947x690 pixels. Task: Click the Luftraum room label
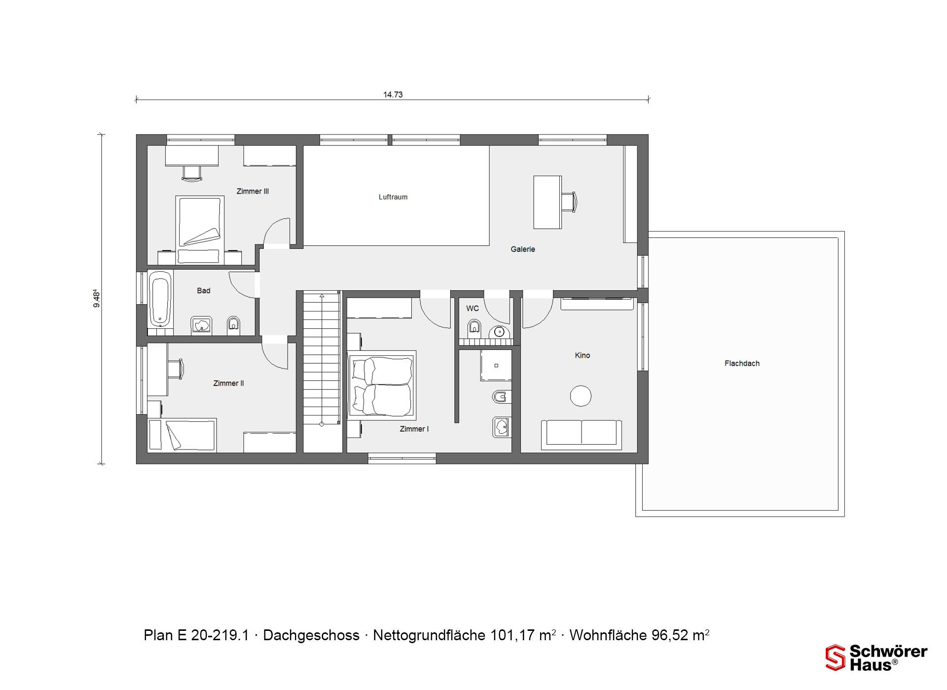(x=393, y=197)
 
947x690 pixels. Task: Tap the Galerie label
(x=523, y=249)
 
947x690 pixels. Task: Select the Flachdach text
(x=742, y=363)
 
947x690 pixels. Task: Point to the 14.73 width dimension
(x=393, y=95)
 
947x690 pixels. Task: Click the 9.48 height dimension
(x=97, y=299)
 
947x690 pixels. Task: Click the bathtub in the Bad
(x=160, y=299)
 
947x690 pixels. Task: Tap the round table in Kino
(x=581, y=396)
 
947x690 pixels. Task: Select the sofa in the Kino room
(x=581, y=435)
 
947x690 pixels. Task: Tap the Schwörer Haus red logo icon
(x=836, y=657)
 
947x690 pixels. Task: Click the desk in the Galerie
(x=547, y=202)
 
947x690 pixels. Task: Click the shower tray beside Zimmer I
(x=496, y=365)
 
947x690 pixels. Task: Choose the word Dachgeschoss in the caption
(x=311, y=635)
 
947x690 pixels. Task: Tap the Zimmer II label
(x=228, y=383)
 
